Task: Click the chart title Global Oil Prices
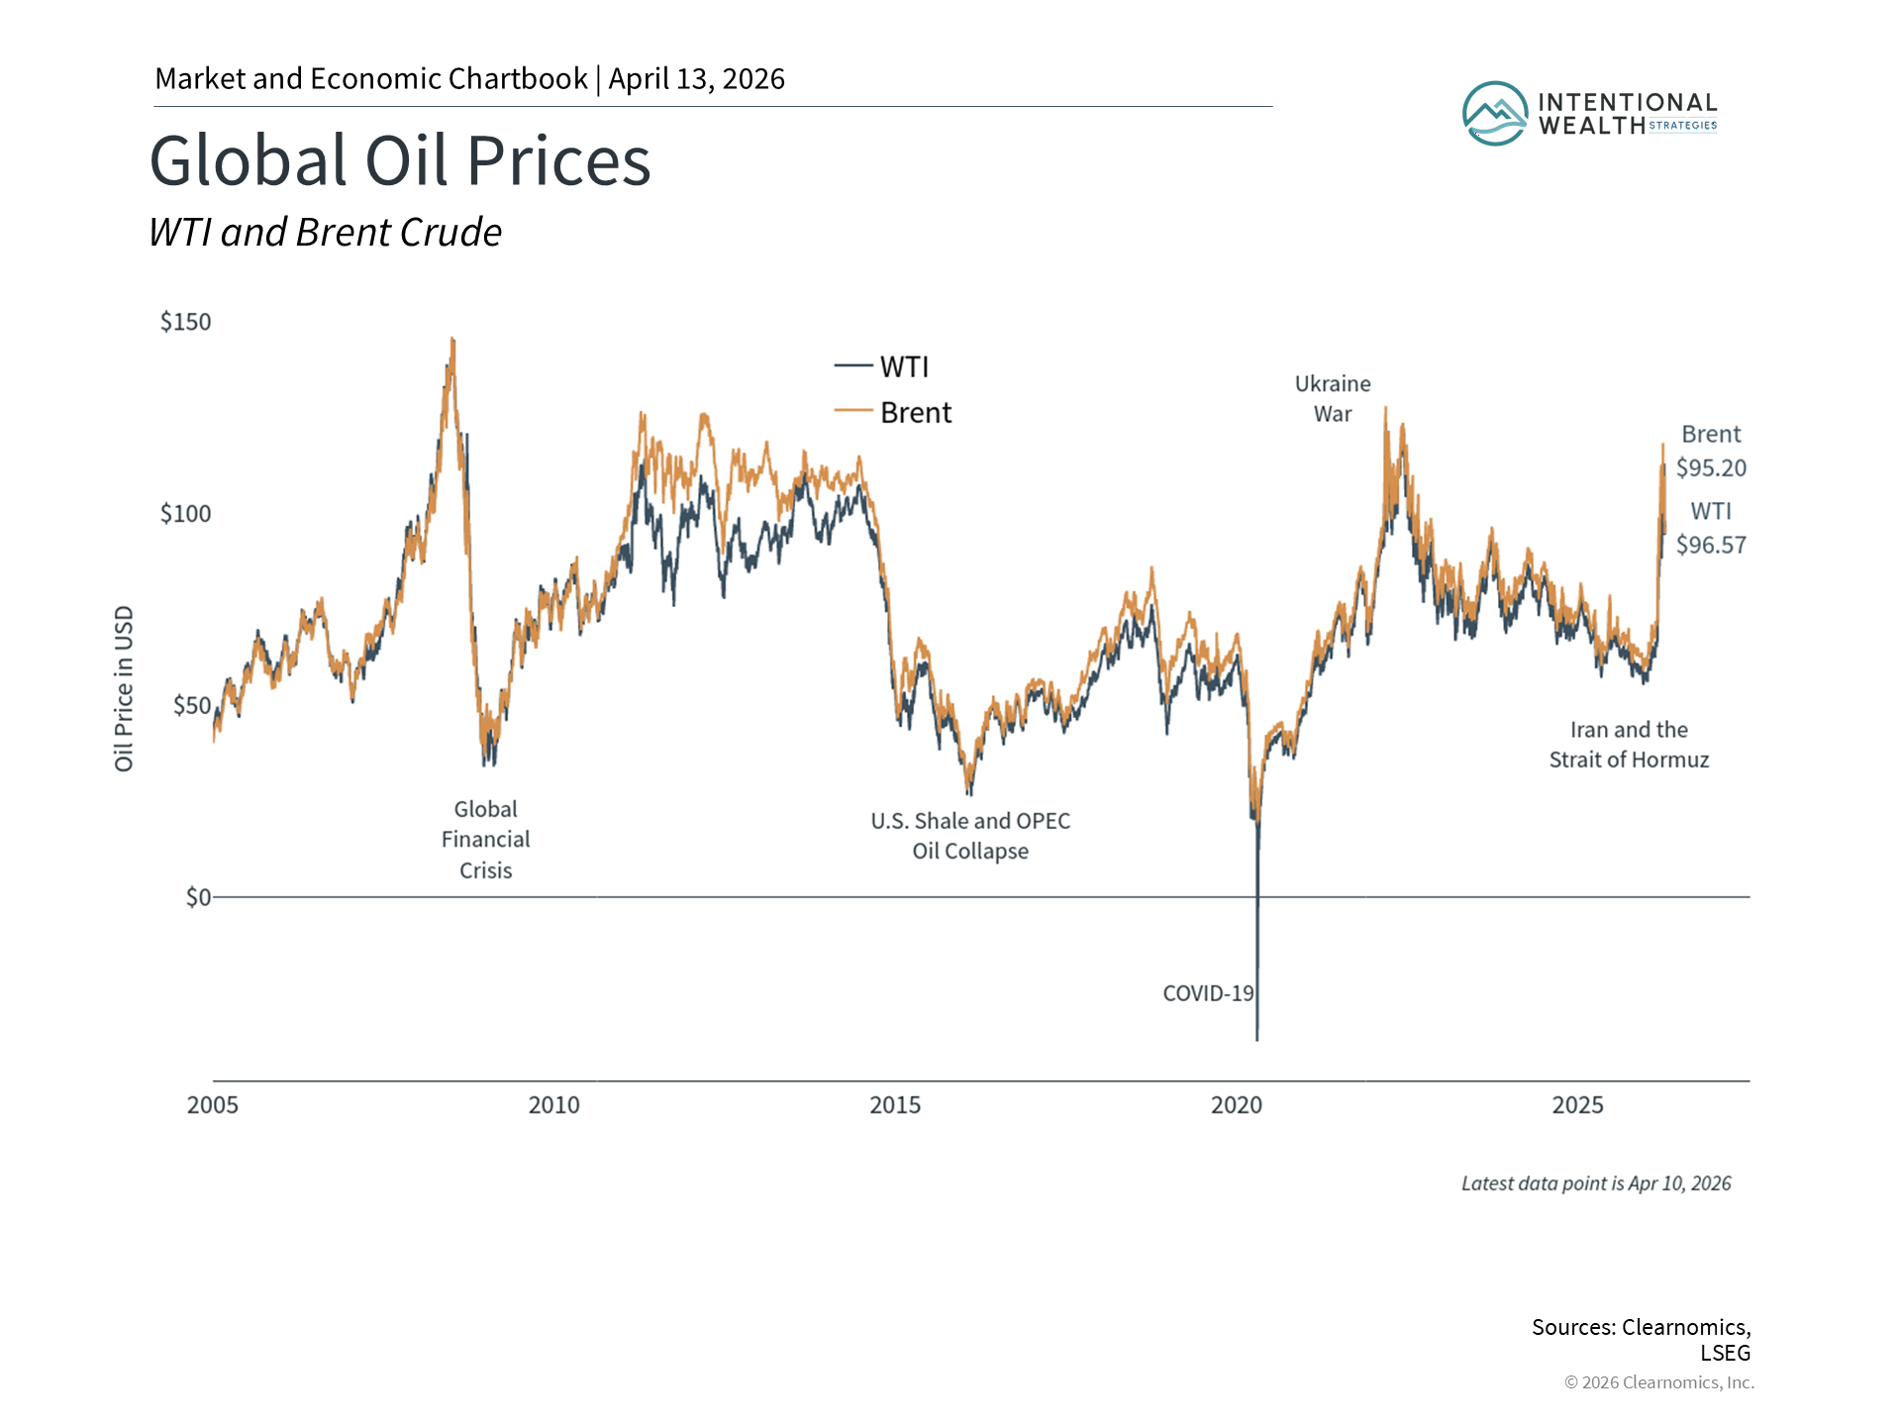[x=400, y=160]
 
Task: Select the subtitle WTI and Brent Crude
[x=325, y=233]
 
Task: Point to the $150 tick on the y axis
[x=186, y=322]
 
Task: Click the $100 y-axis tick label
[x=186, y=514]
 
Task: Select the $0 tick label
[x=198, y=897]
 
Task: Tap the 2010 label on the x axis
[x=553, y=1105]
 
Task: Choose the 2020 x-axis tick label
[x=1236, y=1105]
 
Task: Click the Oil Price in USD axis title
[x=124, y=688]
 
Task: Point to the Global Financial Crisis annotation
[x=485, y=840]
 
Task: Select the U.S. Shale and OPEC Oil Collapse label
[x=970, y=836]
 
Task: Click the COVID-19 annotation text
[x=1208, y=993]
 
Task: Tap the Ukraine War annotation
[x=1333, y=399]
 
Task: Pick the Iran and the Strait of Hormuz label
[x=1629, y=745]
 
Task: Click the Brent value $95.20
[x=1711, y=468]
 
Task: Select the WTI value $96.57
[x=1711, y=545]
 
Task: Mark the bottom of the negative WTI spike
[x=1257, y=1039]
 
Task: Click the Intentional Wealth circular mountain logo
[x=1495, y=114]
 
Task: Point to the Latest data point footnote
[x=1596, y=1183]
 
